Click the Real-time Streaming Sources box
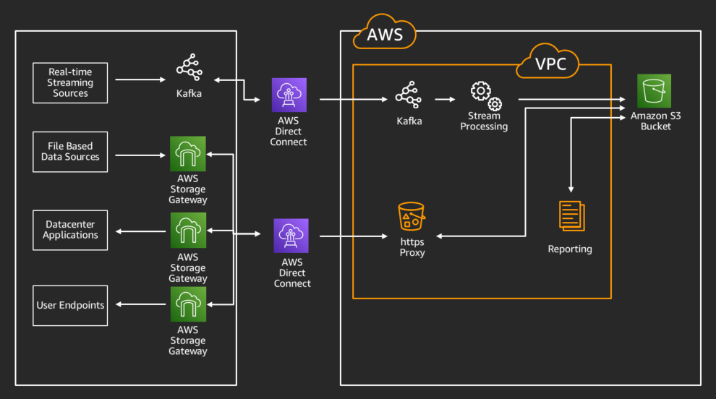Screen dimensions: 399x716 pyautogui.click(x=70, y=82)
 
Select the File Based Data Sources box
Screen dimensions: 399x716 pyautogui.click(x=70, y=152)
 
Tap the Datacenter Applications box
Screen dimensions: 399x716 pyautogui.click(x=70, y=230)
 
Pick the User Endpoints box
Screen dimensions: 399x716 pyautogui.click(x=70, y=305)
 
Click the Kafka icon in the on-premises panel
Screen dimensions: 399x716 pyautogui.click(x=189, y=68)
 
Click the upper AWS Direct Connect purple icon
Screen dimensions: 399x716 pyautogui.click(x=289, y=95)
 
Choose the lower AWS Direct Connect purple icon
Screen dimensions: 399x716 pyautogui.click(x=291, y=236)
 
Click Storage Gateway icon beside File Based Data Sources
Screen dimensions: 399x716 pyautogui.click(x=188, y=153)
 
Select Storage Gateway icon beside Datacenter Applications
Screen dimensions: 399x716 pyautogui.click(x=188, y=230)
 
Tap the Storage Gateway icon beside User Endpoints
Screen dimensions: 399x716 pyautogui.click(x=188, y=304)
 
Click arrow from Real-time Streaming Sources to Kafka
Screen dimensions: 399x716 pyautogui.click(x=137, y=80)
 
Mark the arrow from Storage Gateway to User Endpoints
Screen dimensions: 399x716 pyautogui.click(x=140, y=305)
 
